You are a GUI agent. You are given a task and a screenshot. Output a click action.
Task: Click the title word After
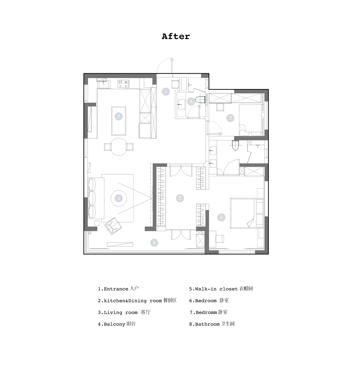tap(176, 36)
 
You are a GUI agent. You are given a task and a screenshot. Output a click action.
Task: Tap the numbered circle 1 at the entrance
tap(166, 92)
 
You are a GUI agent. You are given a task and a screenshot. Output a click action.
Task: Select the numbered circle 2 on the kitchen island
tap(118, 116)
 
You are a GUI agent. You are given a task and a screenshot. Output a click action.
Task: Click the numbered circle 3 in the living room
tap(118, 198)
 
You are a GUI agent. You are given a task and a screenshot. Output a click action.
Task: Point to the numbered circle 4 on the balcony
tap(154, 243)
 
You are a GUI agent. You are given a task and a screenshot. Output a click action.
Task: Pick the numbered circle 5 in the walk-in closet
tap(180, 198)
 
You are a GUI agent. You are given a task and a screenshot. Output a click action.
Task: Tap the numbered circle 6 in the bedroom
tap(221, 217)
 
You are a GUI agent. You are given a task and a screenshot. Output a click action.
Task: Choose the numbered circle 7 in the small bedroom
tap(230, 118)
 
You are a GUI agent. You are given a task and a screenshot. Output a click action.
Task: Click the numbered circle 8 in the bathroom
tap(191, 102)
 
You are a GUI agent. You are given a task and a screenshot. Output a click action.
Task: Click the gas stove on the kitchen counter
tap(123, 83)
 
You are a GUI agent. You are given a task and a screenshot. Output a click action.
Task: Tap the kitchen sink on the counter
tap(104, 84)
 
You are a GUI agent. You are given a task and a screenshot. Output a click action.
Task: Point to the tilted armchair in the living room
tap(113, 226)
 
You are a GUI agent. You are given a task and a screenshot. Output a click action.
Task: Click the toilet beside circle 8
tap(200, 100)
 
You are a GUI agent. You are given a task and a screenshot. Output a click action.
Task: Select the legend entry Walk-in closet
tap(221, 289)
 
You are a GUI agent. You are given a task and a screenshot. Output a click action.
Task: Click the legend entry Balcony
tap(117, 324)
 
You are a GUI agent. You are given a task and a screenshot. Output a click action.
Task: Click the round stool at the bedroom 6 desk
tap(220, 239)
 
